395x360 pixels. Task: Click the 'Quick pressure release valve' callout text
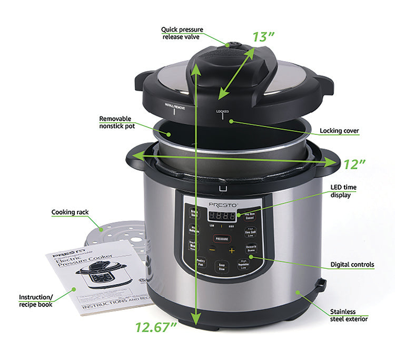coord(182,33)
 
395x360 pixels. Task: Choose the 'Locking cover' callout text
coord(339,130)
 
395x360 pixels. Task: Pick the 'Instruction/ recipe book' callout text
coord(36,300)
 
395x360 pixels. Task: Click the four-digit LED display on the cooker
coord(222,216)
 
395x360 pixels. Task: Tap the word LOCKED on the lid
coord(222,111)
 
